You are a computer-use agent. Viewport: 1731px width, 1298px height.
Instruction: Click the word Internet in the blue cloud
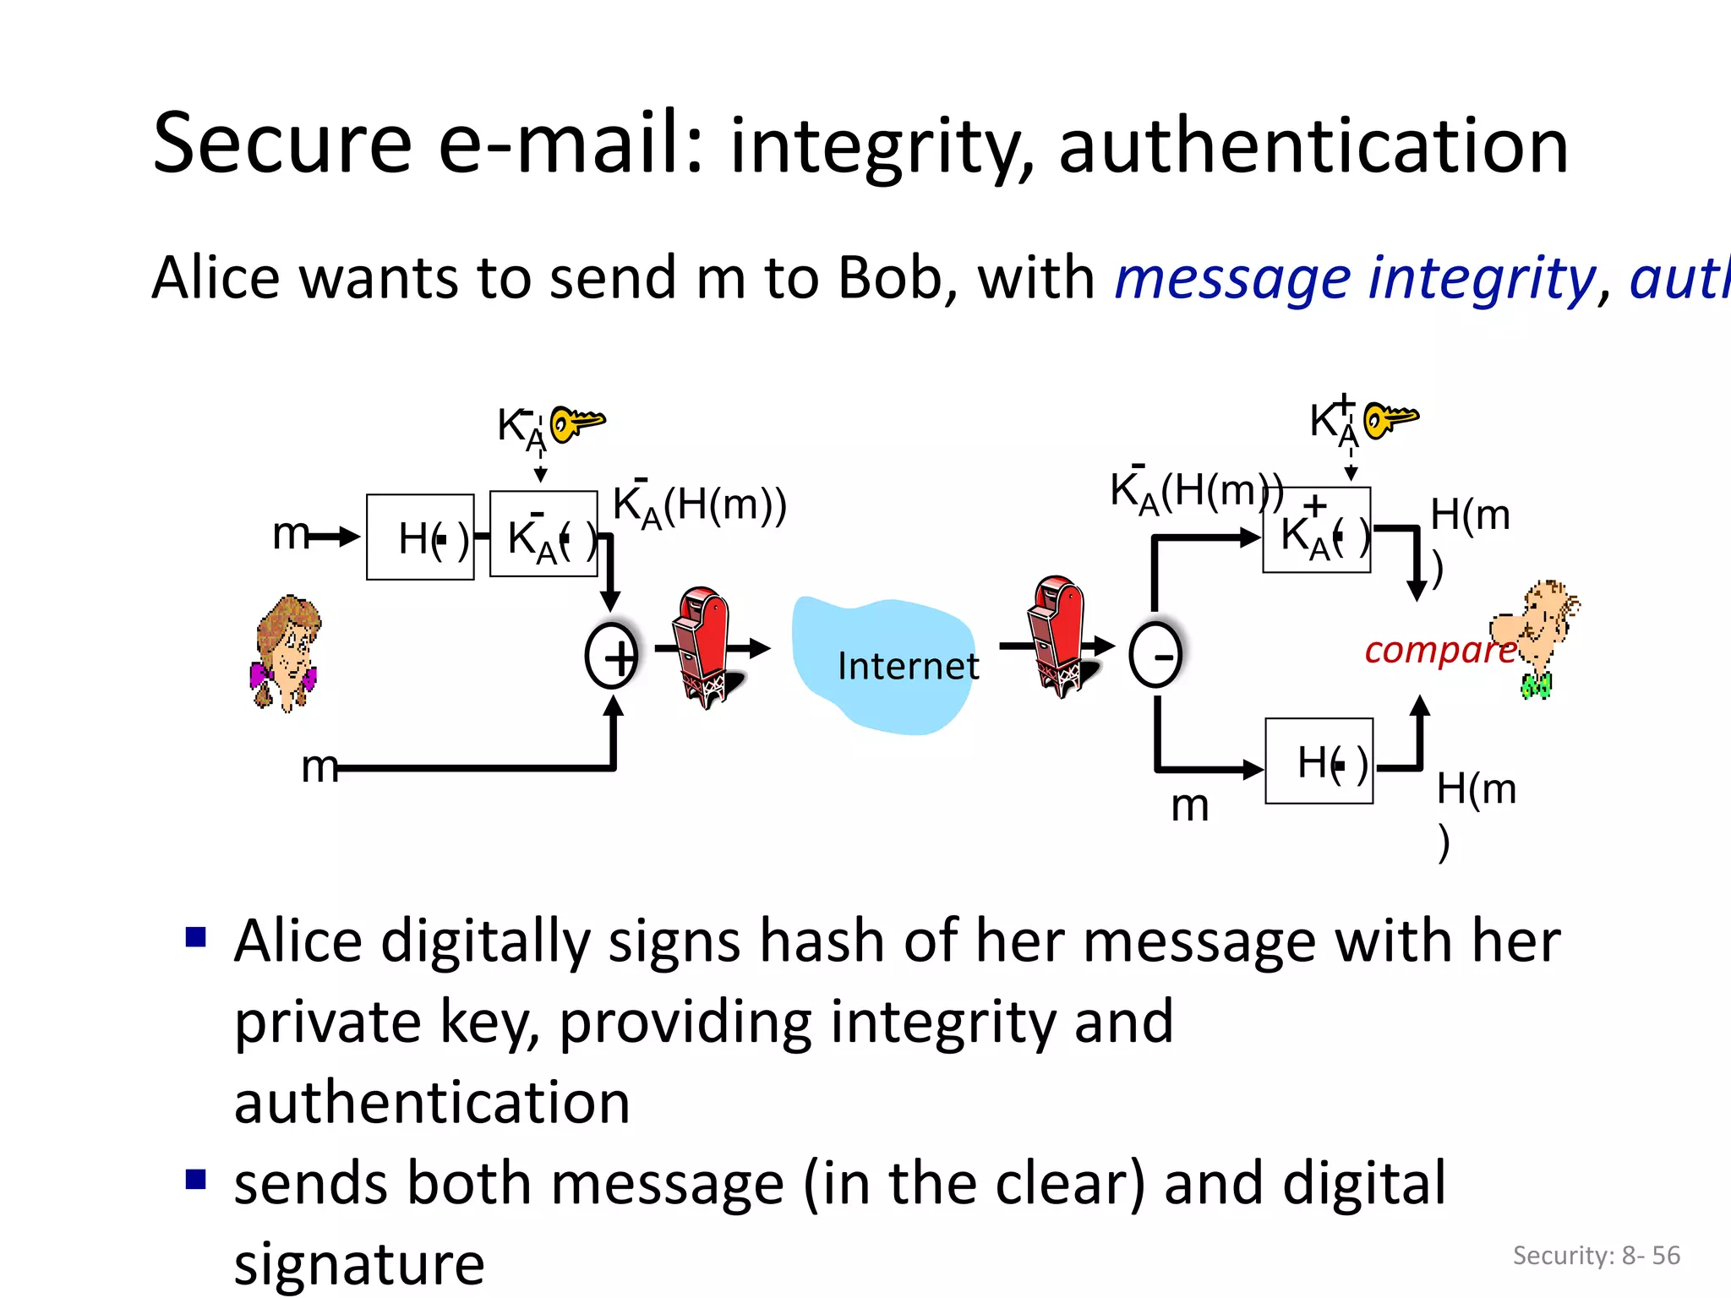click(x=908, y=666)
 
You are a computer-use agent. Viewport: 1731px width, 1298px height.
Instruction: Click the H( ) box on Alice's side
click(x=420, y=537)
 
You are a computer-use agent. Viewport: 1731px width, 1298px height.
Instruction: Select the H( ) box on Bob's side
click(x=1319, y=761)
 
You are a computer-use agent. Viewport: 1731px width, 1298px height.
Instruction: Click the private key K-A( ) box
click(x=543, y=535)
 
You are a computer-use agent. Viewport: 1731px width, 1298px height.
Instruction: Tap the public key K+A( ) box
click(x=1316, y=531)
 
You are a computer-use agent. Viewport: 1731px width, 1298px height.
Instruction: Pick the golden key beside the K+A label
click(x=1390, y=417)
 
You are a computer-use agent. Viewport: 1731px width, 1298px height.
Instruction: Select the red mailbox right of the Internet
click(x=1058, y=635)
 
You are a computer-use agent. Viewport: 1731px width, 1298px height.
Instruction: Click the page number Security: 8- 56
click(x=1596, y=1255)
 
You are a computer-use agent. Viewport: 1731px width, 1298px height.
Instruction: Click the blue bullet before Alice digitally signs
click(x=196, y=937)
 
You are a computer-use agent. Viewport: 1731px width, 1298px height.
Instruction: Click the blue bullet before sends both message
click(x=196, y=1179)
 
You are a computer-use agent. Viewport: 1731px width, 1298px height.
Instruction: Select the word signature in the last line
click(x=359, y=1263)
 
